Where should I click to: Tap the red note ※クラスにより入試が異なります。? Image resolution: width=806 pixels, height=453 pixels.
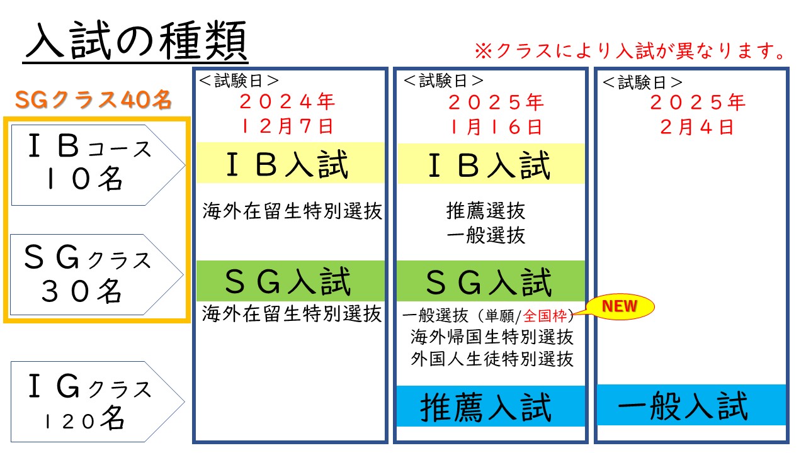(630, 50)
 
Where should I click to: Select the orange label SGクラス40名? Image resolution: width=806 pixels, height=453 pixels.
(93, 99)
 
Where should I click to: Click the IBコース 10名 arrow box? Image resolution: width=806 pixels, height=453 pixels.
(98, 165)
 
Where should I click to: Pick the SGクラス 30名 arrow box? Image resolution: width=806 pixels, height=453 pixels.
(96, 275)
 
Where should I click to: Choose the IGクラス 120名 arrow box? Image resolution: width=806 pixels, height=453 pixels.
(98, 401)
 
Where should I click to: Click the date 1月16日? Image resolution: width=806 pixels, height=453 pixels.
(496, 127)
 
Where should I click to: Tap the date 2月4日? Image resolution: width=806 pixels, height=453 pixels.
(697, 127)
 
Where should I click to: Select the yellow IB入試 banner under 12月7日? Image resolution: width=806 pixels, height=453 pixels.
(290, 163)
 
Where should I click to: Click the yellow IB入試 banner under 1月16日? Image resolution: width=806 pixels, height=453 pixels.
(491, 164)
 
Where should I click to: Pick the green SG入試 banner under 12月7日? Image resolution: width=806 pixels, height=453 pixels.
(290, 281)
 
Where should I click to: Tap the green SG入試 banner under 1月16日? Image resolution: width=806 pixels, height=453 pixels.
(491, 281)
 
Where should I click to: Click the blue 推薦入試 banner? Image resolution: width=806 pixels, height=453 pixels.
(491, 406)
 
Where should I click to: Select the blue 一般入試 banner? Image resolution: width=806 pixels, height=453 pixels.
(691, 405)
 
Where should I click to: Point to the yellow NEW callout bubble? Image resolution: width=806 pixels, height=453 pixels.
(620, 306)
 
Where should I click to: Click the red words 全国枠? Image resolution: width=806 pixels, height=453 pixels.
(545, 316)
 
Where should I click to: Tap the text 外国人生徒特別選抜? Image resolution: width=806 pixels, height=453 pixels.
(492, 359)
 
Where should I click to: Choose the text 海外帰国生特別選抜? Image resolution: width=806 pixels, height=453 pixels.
(492, 337)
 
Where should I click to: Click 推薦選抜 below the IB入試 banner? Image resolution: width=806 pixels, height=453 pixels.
(485, 211)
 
